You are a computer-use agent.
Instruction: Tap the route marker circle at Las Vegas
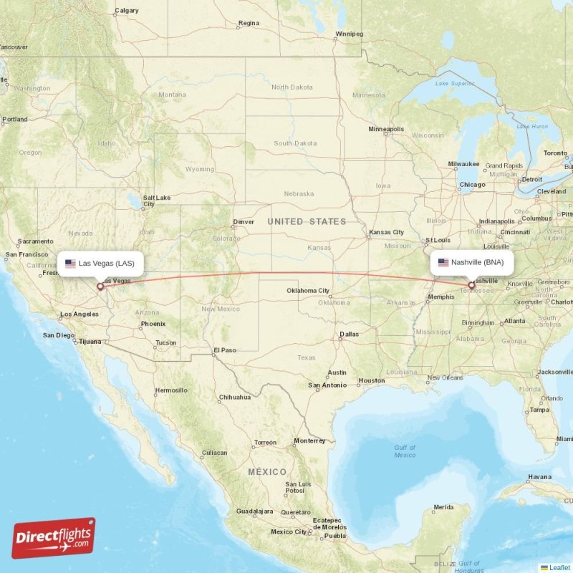(100, 286)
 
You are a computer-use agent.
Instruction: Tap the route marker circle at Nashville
(471, 285)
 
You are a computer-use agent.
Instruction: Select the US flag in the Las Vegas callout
(70, 263)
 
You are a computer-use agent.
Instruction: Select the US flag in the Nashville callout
(443, 262)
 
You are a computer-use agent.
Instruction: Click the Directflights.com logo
(54, 538)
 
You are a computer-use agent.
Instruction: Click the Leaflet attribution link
(559, 567)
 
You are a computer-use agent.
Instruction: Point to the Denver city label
(243, 222)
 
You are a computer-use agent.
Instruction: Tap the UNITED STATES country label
(307, 222)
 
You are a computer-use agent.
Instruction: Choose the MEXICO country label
(267, 472)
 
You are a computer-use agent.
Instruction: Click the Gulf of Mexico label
(405, 451)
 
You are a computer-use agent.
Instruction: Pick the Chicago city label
(472, 185)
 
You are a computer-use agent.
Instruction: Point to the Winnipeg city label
(350, 34)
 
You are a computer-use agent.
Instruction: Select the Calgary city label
(127, 11)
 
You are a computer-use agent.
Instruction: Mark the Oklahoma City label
(308, 290)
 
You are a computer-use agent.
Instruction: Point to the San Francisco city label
(27, 254)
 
